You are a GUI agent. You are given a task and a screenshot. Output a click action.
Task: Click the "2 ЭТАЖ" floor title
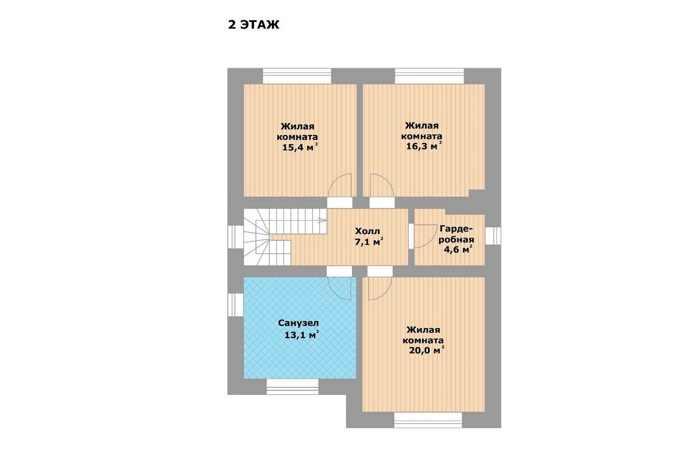coord(254,25)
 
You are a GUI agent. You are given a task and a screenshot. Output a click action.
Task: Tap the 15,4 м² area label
coord(300,147)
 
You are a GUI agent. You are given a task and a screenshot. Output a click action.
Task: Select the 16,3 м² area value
coord(424,146)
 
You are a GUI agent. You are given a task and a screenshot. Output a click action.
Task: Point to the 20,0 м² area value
coord(427,350)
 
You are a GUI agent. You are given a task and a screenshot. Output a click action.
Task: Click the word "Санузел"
coord(298,323)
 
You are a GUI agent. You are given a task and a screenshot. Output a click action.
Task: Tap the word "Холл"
coord(367,231)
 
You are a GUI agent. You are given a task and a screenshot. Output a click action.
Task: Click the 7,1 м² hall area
coord(369,242)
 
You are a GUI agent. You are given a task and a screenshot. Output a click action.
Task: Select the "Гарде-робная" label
coord(456,234)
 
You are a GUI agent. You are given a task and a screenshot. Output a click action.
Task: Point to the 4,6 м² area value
coord(458,249)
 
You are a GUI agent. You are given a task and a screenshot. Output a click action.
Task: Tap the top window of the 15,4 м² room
coord(297,76)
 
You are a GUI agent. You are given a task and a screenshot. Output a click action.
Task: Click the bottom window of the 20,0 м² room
coord(428,420)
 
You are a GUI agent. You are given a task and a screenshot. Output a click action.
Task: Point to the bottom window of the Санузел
coord(292,386)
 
